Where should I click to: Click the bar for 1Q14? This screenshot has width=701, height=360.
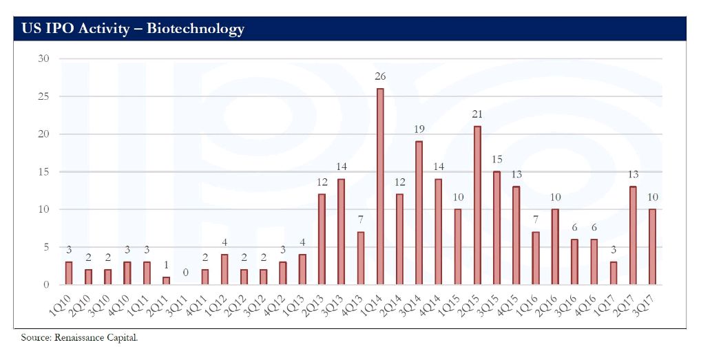tap(379, 187)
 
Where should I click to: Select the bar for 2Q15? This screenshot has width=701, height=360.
tap(477, 205)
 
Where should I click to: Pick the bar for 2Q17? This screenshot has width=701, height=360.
tap(632, 235)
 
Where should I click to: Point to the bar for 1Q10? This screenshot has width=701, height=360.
tap(68, 273)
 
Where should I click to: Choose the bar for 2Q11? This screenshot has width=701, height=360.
tap(165, 281)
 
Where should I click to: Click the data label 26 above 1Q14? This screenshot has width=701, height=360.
tap(379, 76)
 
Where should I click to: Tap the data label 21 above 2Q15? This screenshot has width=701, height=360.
tap(477, 114)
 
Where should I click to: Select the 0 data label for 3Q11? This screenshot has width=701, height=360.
tap(185, 273)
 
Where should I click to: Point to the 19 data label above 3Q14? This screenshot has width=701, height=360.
tap(419, 129)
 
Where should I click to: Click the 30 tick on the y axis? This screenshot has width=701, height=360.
tap(43, 59)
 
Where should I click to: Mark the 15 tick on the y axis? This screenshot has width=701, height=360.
tap(43, 171)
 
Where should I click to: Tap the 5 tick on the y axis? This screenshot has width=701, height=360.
tap(45, 247)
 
